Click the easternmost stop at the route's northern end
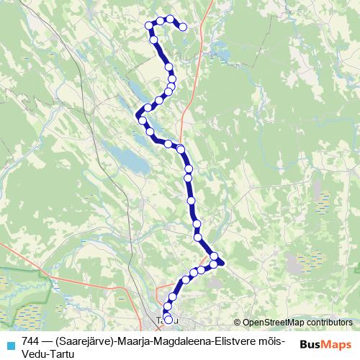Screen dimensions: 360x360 pyautogui.click(x=183, y=27)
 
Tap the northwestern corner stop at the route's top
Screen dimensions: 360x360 pyautogui.click(x=150, y=25)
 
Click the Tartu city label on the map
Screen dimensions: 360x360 pyautogui.click(x=161, y=320)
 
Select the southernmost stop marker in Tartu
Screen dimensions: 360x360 pyautogui.click(x=168, y=319)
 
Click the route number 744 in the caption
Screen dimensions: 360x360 pyautogui.click(x=31, y=341)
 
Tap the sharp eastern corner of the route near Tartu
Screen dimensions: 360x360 pyautogui.click(x=224, y=262)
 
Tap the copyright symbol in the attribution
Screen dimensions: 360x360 pyautogui.click(x=238, y=323)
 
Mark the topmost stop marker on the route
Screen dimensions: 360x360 pyautogui.click(x=170, y=19)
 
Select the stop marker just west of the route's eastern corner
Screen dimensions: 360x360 pyautogui.click(x=213, y=265)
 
